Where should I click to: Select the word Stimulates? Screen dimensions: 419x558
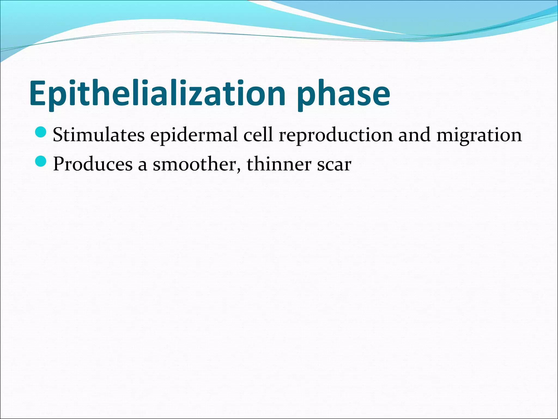click(x=99, y=135)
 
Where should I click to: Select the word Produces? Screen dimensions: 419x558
click(x=93, y=164)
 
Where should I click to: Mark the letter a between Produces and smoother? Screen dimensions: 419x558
click(x=142, y=166)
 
